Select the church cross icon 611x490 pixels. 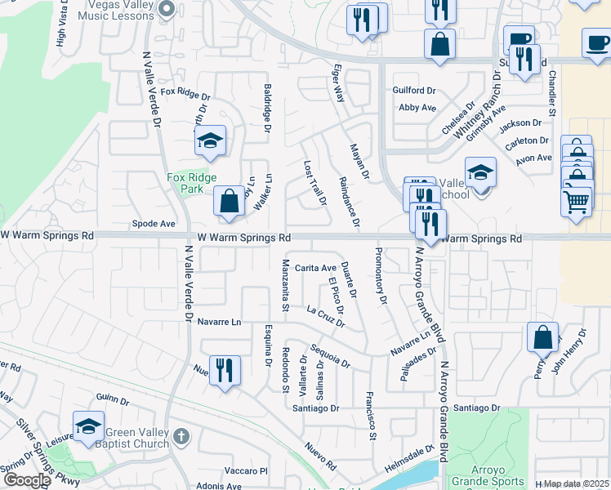click(x=181, y=438)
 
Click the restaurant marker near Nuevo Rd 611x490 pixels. click(x=224, y=369)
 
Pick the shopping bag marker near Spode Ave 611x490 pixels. click(x=230, y=201)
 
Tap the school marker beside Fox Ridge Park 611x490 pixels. click(x=210, y=140)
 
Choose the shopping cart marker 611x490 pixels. click(x=576, y=200)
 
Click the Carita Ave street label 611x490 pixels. click(x=315, y=268)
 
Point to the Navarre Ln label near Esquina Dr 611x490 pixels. click(x=221, y=323)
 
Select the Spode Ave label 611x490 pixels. click(x=154, y=223)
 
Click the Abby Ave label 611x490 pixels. click(x=417, y=108)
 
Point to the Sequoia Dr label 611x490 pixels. click(x=330, y=353)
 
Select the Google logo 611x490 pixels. click(x=27, y=480)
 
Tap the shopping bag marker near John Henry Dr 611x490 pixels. click(x=543, y=337)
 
